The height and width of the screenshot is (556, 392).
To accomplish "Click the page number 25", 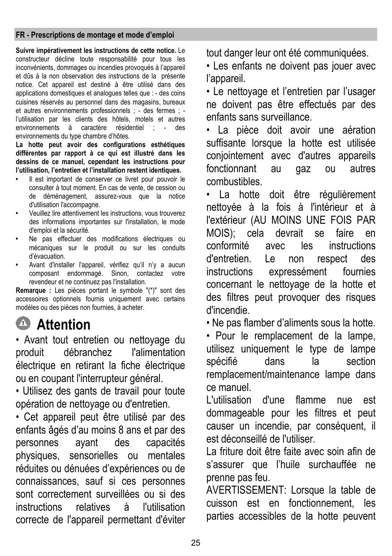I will (196, 543).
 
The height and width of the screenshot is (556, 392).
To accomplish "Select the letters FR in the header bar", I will (20, 35).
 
